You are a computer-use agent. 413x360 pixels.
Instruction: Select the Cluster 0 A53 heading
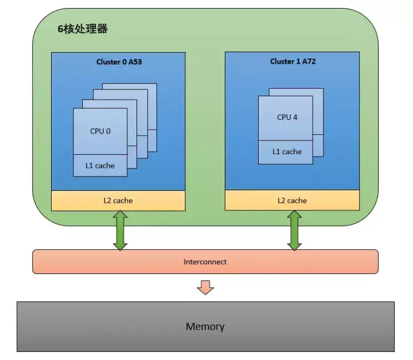click(x=119, y=62)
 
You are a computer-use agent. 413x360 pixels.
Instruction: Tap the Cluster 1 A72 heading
click(x=293, y=61)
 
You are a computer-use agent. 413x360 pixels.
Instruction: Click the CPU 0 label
click(x=100, y=131)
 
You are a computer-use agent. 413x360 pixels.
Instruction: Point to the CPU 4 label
click(x=287, y=117)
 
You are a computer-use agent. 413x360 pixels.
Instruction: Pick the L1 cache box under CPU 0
click(x=100, y=166)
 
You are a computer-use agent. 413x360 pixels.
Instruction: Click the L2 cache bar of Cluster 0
click(x=118, y=201)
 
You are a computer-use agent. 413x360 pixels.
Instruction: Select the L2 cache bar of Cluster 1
click(x=292, y=201)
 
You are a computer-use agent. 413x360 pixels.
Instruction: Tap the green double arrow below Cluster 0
click(x=120, y=230)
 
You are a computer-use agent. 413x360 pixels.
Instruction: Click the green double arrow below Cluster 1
click(x=294, y=230)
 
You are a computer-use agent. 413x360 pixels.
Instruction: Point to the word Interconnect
click(x=205, y=262)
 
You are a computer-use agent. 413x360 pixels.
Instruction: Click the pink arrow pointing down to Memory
click(x=205, y=287)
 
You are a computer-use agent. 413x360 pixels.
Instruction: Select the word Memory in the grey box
click(x=205, y=327)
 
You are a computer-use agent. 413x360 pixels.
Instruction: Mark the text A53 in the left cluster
click(x=135, y=62)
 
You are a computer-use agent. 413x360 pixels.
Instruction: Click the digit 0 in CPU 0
click(x=108, y=131)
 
